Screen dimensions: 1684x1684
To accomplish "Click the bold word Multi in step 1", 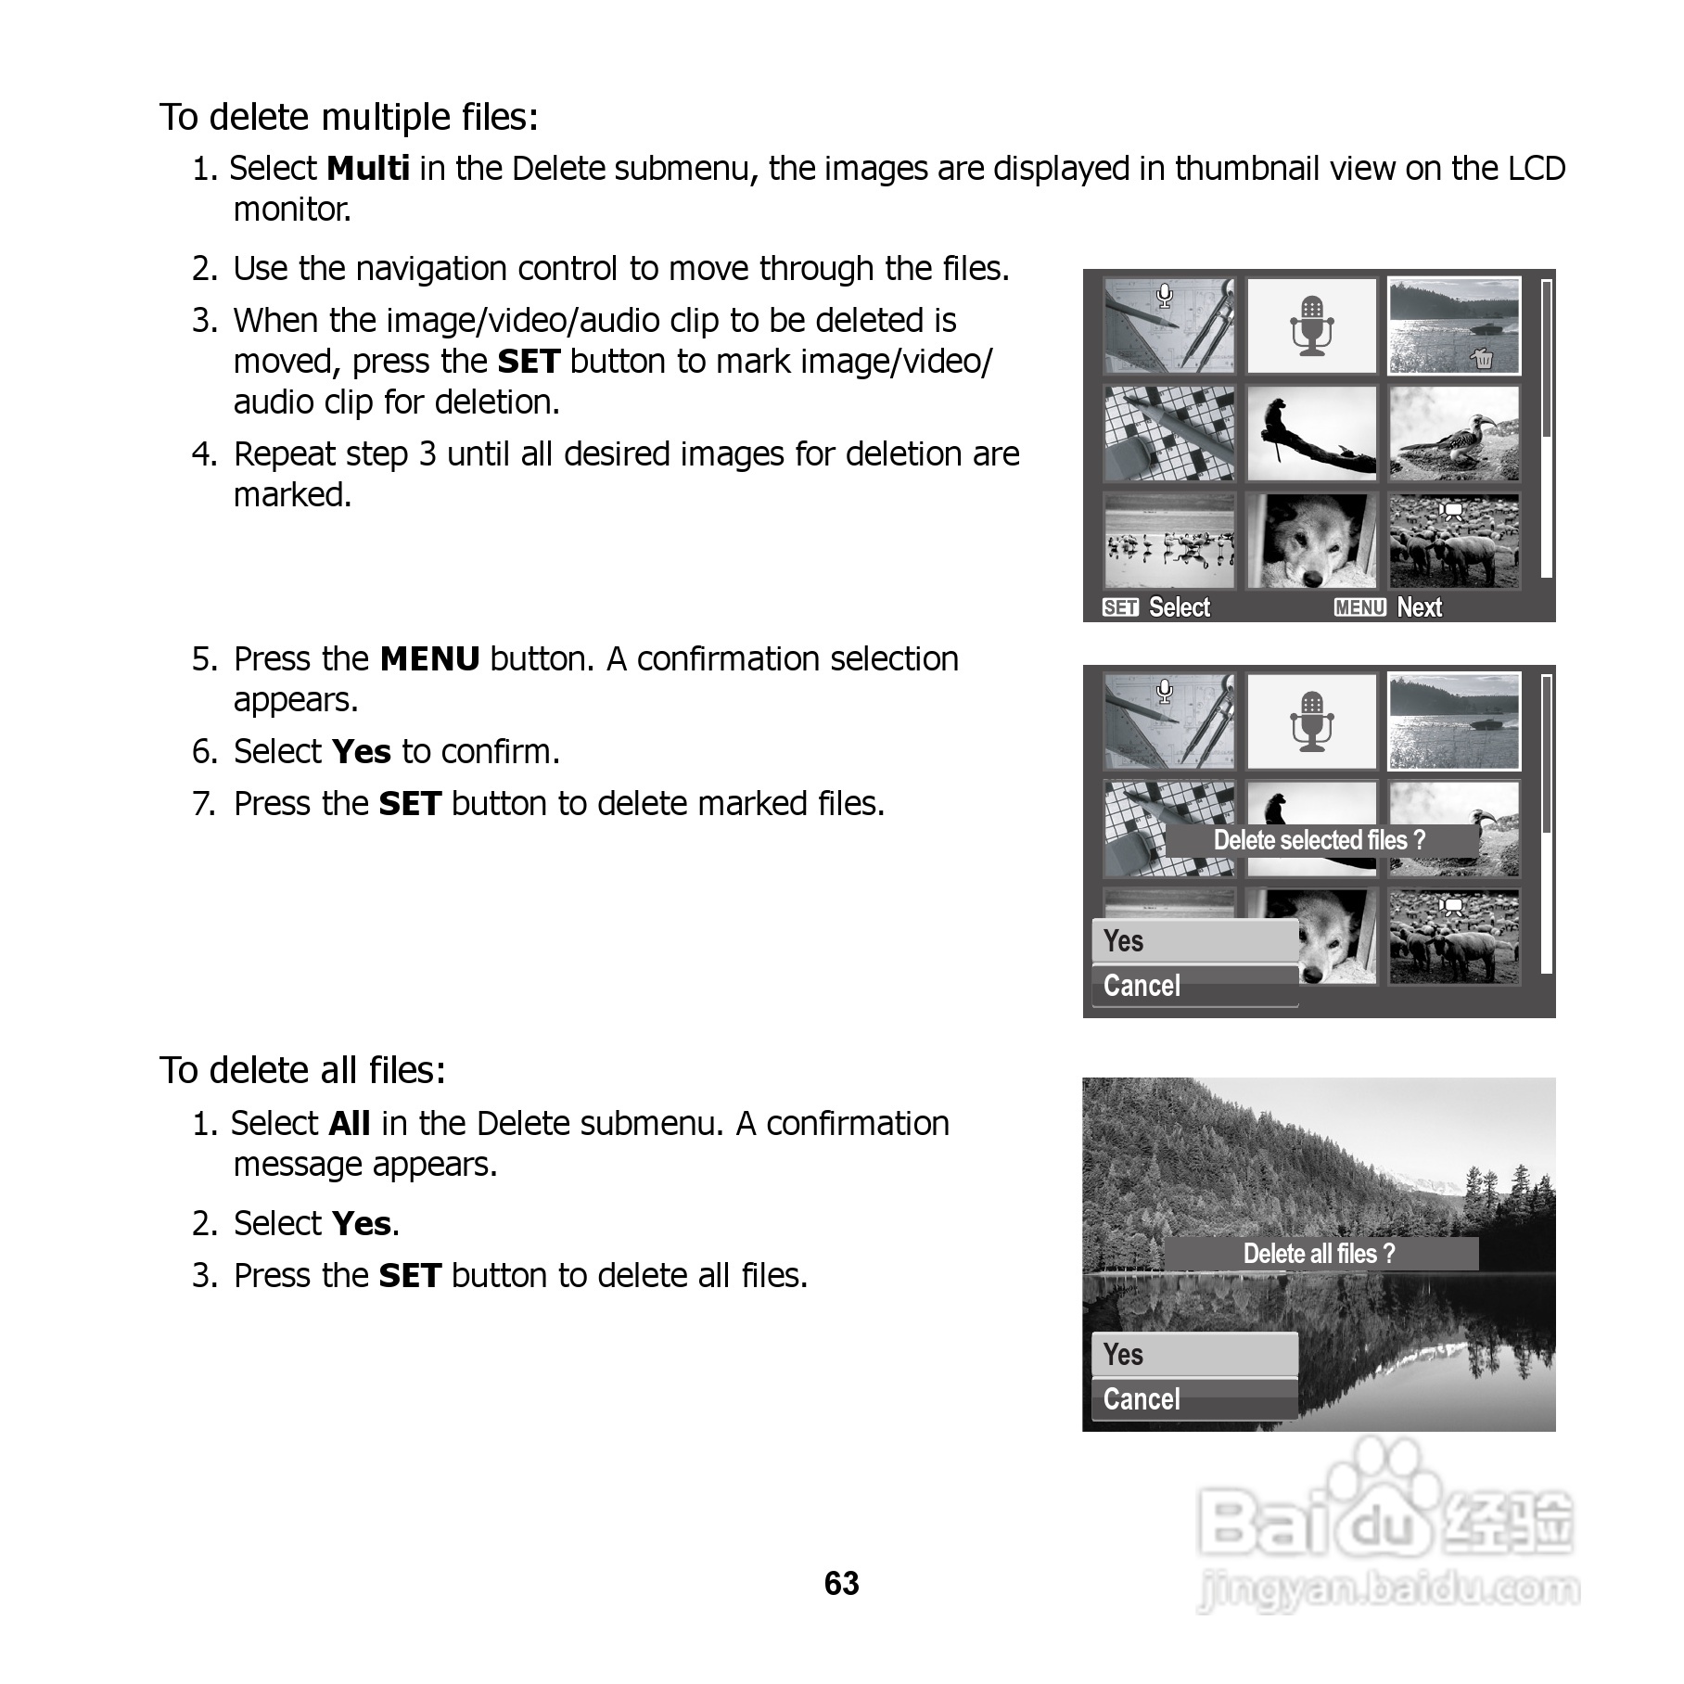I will [368, 169].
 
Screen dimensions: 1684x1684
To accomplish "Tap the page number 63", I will [841, 1583].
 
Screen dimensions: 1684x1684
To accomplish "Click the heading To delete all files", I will [302, 1070].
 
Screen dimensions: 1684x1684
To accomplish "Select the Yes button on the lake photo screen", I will [1194, 1355].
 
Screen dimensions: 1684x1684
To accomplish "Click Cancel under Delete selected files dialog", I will [1194, 986].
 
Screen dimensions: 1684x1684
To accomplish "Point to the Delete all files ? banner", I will [1320, 1254].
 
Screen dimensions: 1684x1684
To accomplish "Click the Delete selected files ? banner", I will [1320, 840].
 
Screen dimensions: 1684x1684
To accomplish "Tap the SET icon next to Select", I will [1120, 607].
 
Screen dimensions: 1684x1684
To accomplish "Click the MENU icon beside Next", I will [1359, 607].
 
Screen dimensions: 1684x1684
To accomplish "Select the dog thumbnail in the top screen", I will [1311, 541].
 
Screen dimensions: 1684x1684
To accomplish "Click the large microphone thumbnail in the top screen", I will [1311, 325].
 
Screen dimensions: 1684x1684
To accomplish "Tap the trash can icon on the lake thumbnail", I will [1483, 358].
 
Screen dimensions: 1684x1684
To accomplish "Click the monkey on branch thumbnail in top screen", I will [1311, 433].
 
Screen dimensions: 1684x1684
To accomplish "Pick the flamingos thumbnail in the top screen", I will [1169, 541].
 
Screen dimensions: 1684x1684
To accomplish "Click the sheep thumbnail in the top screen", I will [1454, 541].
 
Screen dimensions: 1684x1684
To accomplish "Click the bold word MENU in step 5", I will [429, 659].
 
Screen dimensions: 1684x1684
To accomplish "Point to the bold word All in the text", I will [350, 1124].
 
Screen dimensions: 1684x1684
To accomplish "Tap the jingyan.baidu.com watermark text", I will [1388, 1589].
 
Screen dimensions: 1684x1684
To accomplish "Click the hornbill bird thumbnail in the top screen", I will [1454, 433].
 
